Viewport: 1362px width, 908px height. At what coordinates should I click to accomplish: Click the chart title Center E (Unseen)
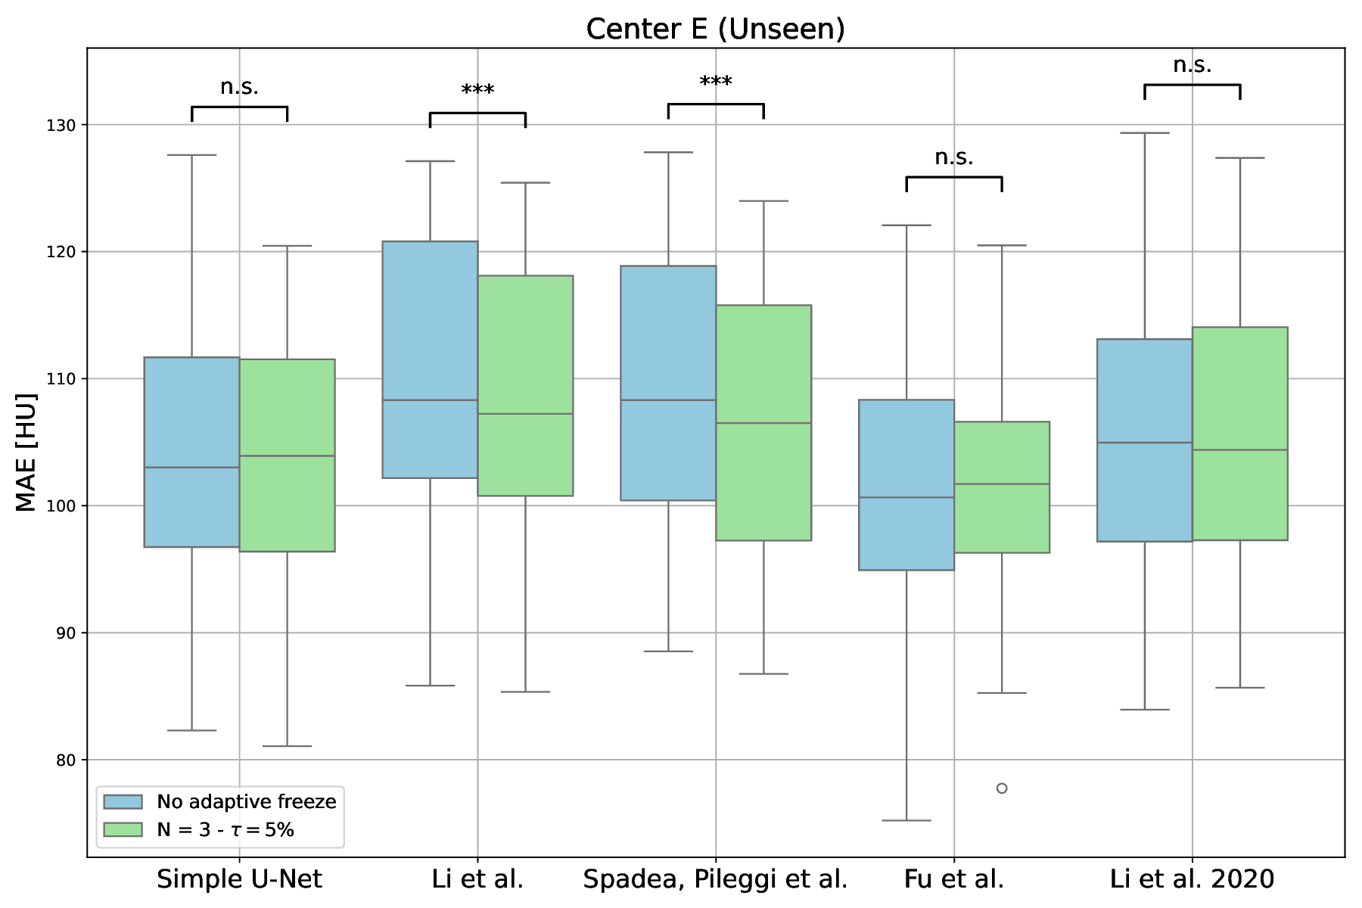[715, 29]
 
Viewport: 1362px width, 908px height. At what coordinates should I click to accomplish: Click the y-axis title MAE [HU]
[26, 452]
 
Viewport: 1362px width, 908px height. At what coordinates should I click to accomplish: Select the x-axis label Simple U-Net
[239, 879]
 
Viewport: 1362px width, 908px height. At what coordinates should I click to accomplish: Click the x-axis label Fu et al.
[953, 879]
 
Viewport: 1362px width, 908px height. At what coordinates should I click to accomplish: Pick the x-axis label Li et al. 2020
[1192, 879]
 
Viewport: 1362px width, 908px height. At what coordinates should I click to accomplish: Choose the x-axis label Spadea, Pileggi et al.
[715, 879]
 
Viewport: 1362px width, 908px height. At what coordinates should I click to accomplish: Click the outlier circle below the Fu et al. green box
[1002, 788]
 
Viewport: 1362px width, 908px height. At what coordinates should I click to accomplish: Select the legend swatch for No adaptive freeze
[123, 802]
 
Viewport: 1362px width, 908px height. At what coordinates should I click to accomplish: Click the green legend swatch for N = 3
[123, 830]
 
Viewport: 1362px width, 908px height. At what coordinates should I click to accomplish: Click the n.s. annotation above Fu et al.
[953, 157]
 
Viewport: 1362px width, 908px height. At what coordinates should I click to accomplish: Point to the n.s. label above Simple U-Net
[239, 87]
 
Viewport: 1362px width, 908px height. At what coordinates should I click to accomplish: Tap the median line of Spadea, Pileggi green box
[763, 423]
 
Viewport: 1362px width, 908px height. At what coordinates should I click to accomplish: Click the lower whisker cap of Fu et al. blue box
[906, 820]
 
